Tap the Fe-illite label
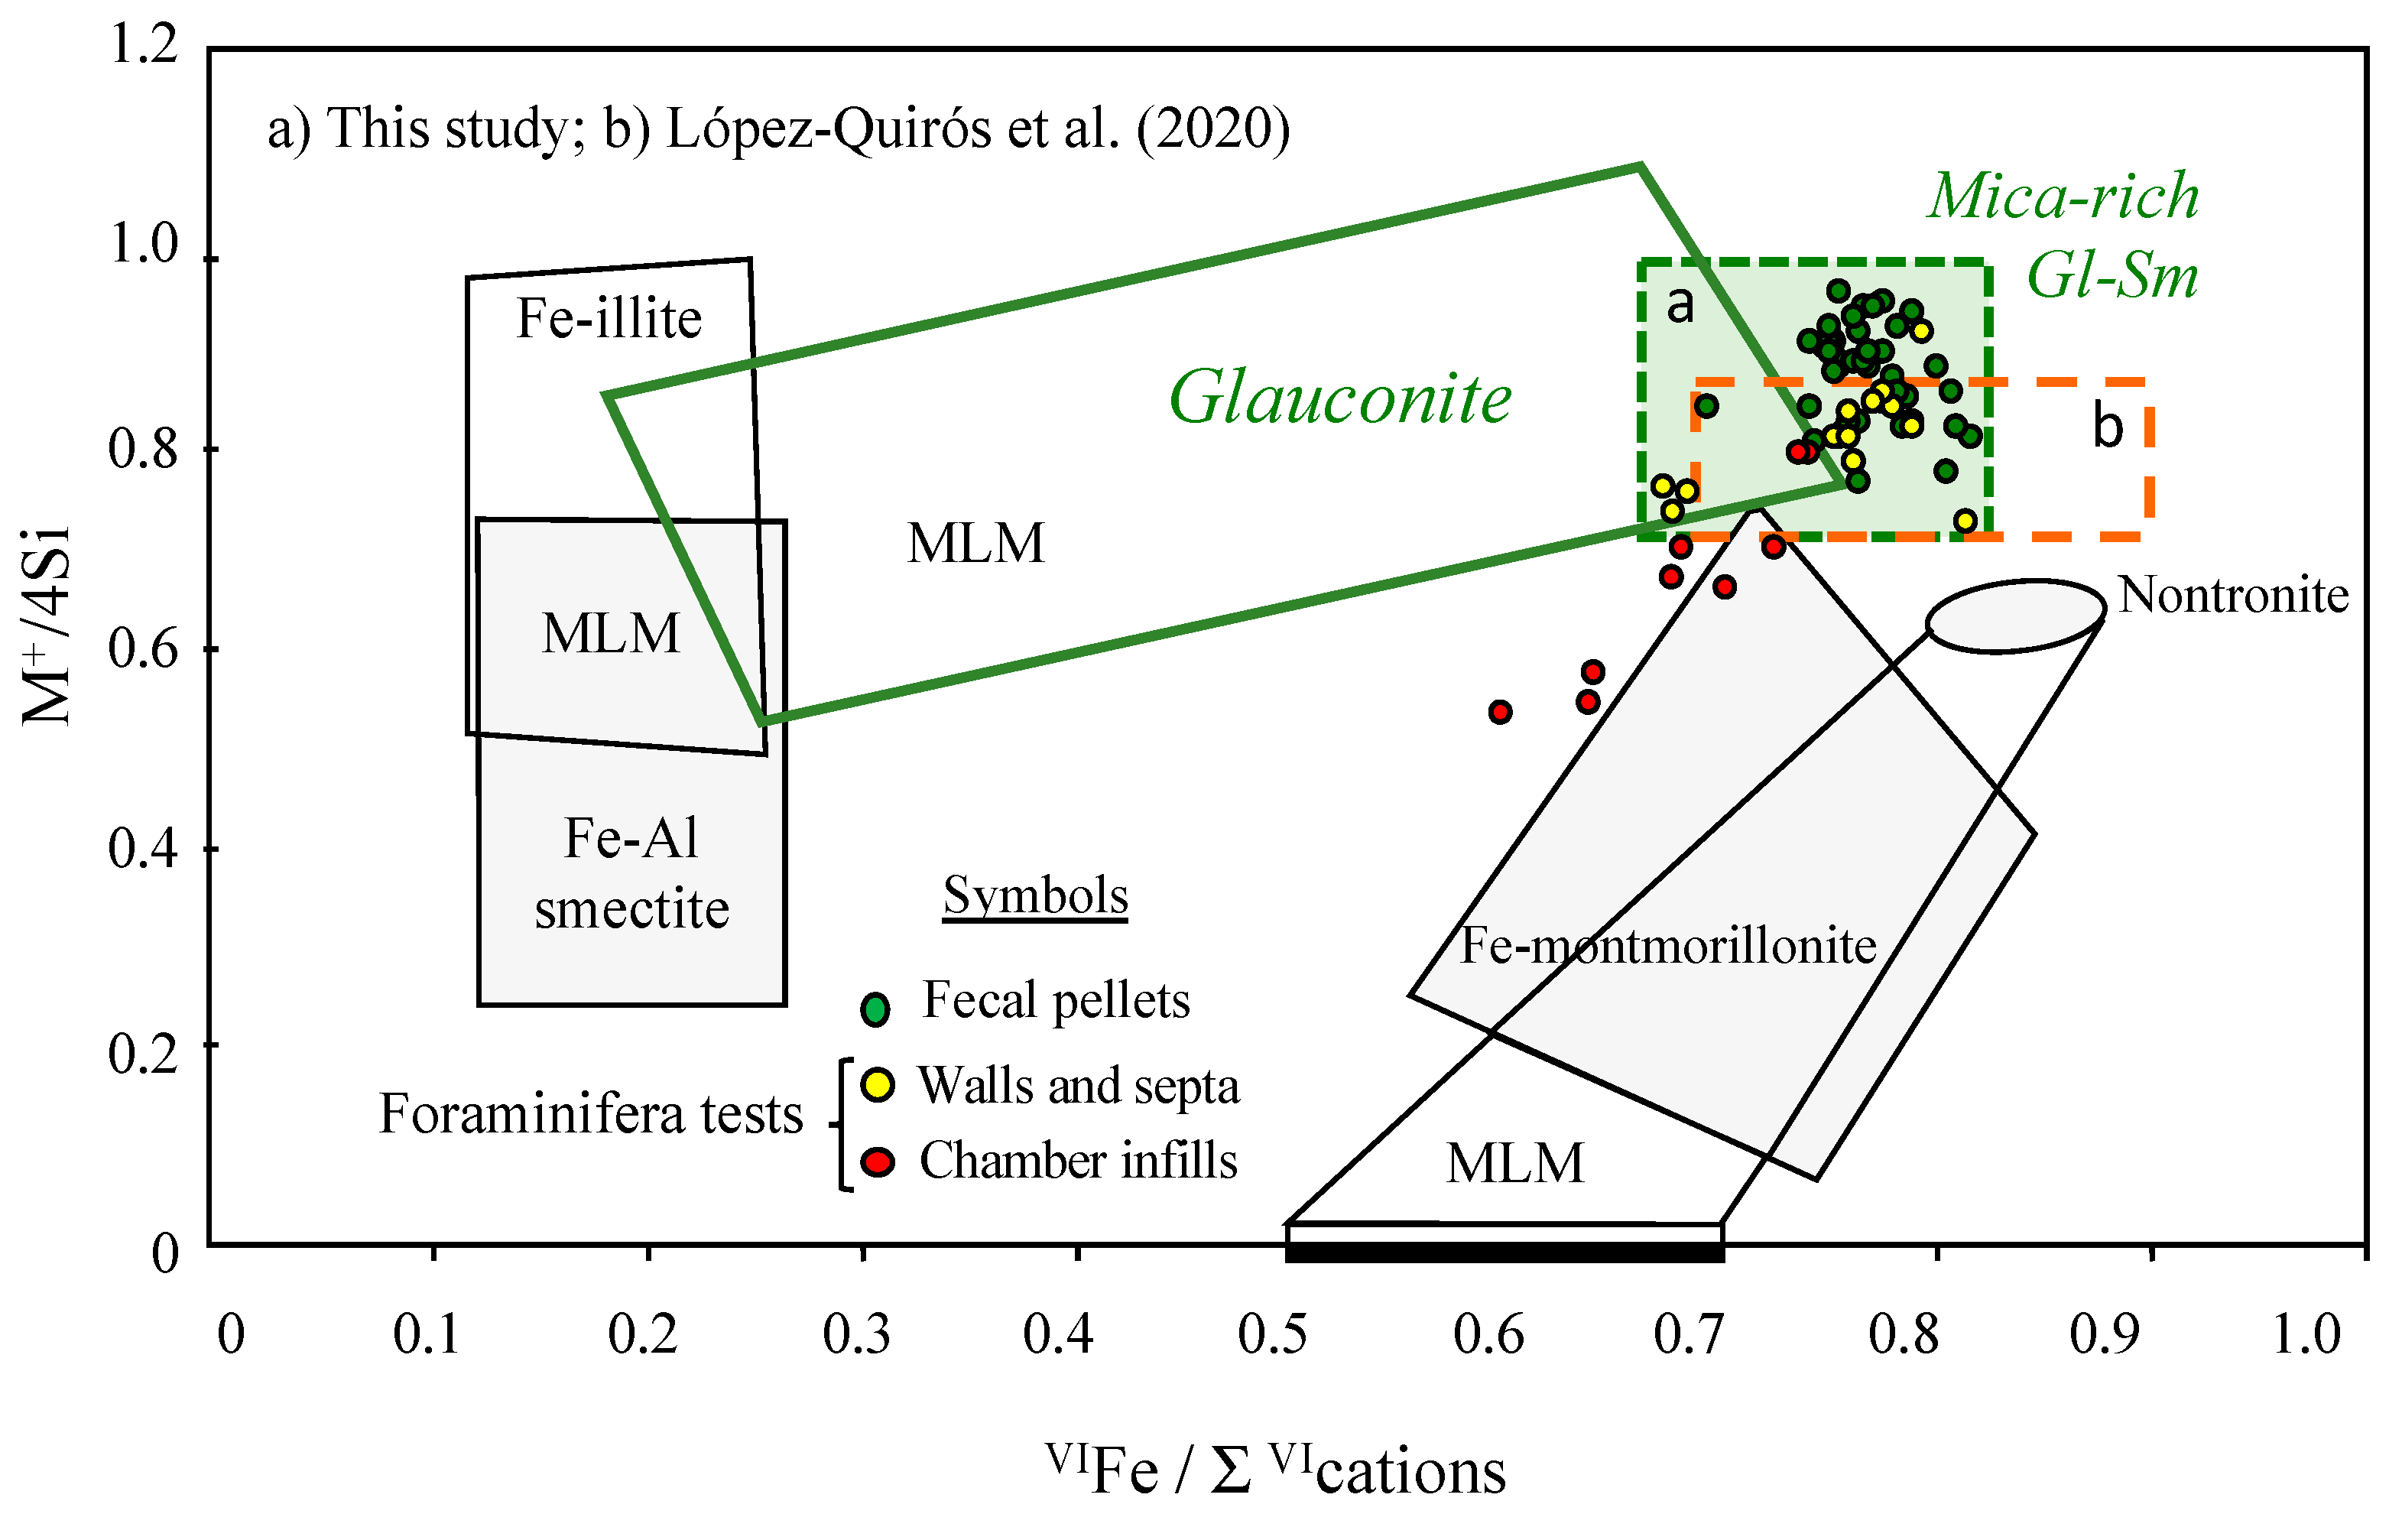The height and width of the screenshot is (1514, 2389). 609,320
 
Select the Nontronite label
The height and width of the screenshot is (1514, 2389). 2233,596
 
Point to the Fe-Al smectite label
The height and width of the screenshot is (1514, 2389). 632,873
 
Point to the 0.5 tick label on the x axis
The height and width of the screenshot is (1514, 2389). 1273,1334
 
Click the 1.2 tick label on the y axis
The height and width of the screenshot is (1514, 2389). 144,44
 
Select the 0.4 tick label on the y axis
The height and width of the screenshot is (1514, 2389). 144,850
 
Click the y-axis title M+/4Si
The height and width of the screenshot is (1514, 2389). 47,627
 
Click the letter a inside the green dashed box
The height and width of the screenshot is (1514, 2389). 1680,304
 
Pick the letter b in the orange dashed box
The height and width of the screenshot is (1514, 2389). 2107,427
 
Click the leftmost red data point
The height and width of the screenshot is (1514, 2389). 1500,711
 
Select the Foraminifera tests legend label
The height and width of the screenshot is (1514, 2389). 590,1114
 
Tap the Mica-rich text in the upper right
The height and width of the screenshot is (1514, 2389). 2063,196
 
